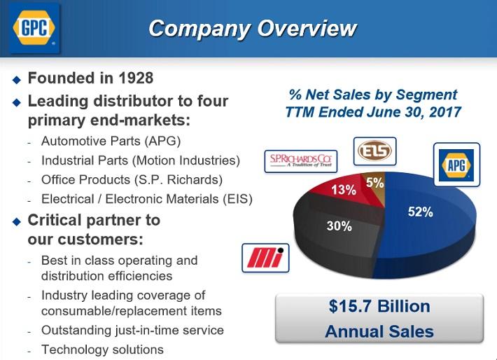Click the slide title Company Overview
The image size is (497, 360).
(253, 29)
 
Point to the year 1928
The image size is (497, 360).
(131, 78)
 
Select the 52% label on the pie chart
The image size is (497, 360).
(421, 212)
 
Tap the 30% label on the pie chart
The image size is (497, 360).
(339, 226)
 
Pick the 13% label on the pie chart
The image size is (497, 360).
(343, 190)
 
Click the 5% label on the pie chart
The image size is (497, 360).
(374, 183)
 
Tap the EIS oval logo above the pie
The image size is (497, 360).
(374, 151)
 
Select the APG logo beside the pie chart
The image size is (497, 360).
(456, 164)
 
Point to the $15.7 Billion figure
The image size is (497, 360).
(379, 307)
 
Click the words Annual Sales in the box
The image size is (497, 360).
(379, 331)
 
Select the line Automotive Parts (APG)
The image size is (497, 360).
(111, 141)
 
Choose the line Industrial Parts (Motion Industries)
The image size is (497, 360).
(140, 160)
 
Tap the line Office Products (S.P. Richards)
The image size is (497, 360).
(132, 179)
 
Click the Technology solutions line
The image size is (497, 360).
(102, 349)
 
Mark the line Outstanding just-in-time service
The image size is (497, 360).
(132, 330)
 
